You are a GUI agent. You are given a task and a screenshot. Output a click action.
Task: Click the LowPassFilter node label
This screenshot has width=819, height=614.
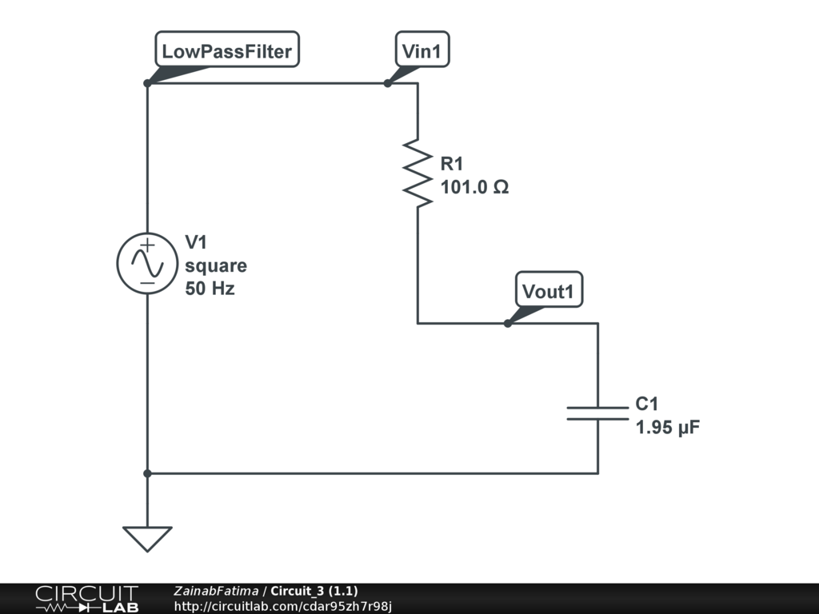227,52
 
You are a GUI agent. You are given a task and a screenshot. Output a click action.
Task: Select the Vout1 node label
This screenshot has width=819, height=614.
548,292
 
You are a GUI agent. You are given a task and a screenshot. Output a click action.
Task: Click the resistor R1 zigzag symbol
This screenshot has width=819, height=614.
417,172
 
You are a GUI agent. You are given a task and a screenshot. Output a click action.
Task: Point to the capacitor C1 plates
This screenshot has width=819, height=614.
597,413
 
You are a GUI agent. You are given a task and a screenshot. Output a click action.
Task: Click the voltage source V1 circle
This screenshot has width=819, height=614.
147,264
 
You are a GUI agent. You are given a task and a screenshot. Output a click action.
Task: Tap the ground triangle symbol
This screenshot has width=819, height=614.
147,538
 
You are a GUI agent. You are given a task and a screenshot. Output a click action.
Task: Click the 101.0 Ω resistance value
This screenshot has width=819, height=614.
475,188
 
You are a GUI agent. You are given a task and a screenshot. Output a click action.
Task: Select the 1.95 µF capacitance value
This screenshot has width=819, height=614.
668,428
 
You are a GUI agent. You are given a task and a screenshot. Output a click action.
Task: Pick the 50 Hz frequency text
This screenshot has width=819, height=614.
210,289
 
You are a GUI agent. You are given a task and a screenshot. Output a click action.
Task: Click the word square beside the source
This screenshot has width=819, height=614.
216,265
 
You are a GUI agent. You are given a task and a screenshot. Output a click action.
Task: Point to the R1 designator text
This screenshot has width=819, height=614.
452,165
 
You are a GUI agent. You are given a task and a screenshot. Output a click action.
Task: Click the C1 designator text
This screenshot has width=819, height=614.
647,405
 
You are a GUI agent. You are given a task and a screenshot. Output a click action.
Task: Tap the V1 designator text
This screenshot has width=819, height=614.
197,242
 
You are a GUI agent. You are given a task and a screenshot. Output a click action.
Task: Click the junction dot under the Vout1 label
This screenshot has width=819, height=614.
507,323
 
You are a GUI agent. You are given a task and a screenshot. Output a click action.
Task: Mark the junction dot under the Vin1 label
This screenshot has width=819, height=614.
387,83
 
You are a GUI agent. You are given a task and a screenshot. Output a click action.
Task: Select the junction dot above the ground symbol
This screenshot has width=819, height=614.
147,473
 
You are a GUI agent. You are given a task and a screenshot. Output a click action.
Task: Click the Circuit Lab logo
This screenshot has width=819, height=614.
86,599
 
